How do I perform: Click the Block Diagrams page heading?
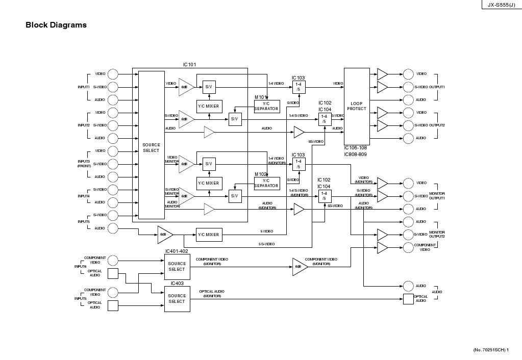(56, 25)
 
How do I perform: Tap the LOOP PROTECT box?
(357, 106)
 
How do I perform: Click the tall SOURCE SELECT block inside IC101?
(151, 147)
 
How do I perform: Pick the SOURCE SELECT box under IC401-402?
(177, 267)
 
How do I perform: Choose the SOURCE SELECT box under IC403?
(177, 299)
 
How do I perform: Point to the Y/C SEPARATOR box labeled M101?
(267, 106)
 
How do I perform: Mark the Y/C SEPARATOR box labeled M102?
(267, 183)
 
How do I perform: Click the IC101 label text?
(189, 65)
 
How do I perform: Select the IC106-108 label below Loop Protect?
(355, 148)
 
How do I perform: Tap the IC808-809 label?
(355, 154)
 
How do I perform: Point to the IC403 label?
(177, 283)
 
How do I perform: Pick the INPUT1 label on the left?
(84, 87)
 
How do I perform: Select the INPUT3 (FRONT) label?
(84, 164)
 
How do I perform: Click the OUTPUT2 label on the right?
(437, 125)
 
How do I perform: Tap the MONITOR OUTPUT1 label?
(437, 196)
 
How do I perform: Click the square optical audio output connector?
(408, 299)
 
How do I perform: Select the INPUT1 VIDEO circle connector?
(113, 74)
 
